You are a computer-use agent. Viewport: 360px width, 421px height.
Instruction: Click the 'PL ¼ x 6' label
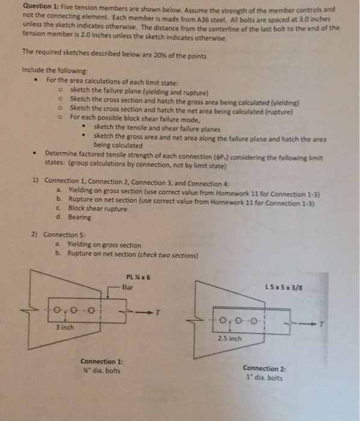138,277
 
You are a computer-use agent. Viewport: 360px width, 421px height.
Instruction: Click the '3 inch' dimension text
64,328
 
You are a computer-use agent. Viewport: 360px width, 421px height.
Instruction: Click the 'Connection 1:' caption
102,361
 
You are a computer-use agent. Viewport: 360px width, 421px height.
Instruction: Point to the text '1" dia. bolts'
262,378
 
